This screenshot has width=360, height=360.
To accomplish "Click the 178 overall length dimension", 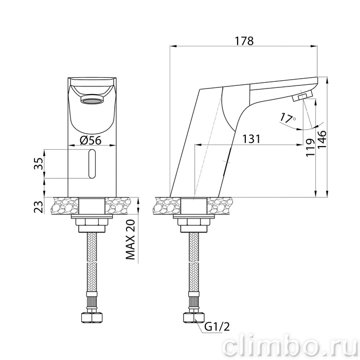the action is [x=244, y=41].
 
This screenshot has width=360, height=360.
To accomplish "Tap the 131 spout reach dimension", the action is [x=251, y=139].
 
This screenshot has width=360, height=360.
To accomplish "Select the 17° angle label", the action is [x=287, y=118].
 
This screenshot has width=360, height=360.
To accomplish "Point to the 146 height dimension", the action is [x=321, y=140].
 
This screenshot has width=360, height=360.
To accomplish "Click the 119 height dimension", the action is [x=311, y=148].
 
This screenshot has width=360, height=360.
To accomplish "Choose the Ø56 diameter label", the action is [x=91, y=140].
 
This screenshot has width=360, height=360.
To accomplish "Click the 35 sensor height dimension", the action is [x=39, y=164].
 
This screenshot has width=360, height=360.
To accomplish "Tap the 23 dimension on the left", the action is [x=39, y=207].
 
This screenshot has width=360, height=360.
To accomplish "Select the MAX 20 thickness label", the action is [x=130, y=240].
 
